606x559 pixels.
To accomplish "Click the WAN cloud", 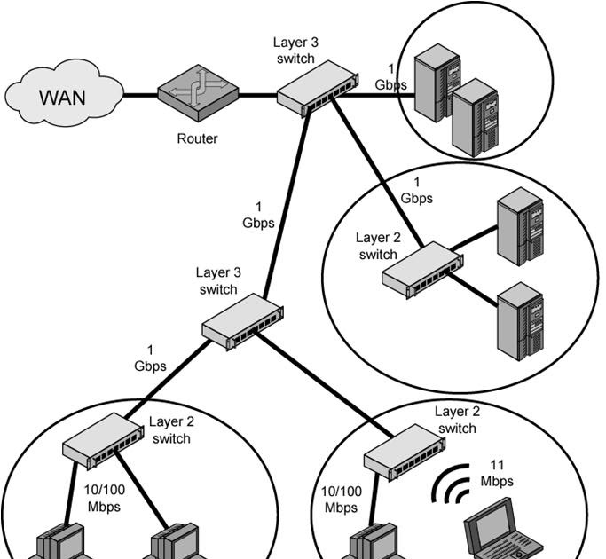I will (62, 95).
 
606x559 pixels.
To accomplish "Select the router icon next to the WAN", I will (200, 92).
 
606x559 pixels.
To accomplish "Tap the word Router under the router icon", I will (197, 138).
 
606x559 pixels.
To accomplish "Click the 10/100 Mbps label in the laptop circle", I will (341, 499).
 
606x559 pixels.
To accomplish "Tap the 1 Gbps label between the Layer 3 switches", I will (258, 214).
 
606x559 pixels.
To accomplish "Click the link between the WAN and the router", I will (140, 95).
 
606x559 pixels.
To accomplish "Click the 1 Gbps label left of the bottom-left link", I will (150, 357).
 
